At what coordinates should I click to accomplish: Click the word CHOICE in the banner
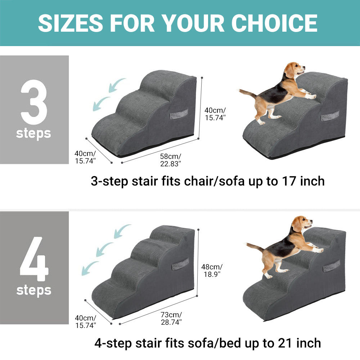(x=274, y=23)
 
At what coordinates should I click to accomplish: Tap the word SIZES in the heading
(x=71, y=23)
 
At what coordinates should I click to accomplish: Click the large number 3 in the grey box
(x=34, y=102)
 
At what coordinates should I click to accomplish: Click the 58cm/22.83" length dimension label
(x=171, y=160)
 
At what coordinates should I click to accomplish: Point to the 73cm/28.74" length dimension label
(x=171, y=318)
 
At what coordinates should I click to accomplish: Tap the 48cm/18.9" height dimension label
(x=212, y=270)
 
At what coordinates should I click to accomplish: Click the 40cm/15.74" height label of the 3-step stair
(x=215, y=114)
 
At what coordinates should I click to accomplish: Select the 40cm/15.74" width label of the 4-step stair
(x=85, y=321)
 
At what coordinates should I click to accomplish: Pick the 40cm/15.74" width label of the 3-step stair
(x=85, y=157)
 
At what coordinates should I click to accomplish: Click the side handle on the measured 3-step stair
(x=179, y=114)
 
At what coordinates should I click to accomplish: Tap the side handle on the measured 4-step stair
(x=180, y=264)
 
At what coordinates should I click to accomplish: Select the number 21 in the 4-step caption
(x=285, y=343)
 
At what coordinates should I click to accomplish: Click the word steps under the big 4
(x=34, y=290)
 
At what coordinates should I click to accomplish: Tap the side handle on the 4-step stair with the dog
(x=331, y=266)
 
